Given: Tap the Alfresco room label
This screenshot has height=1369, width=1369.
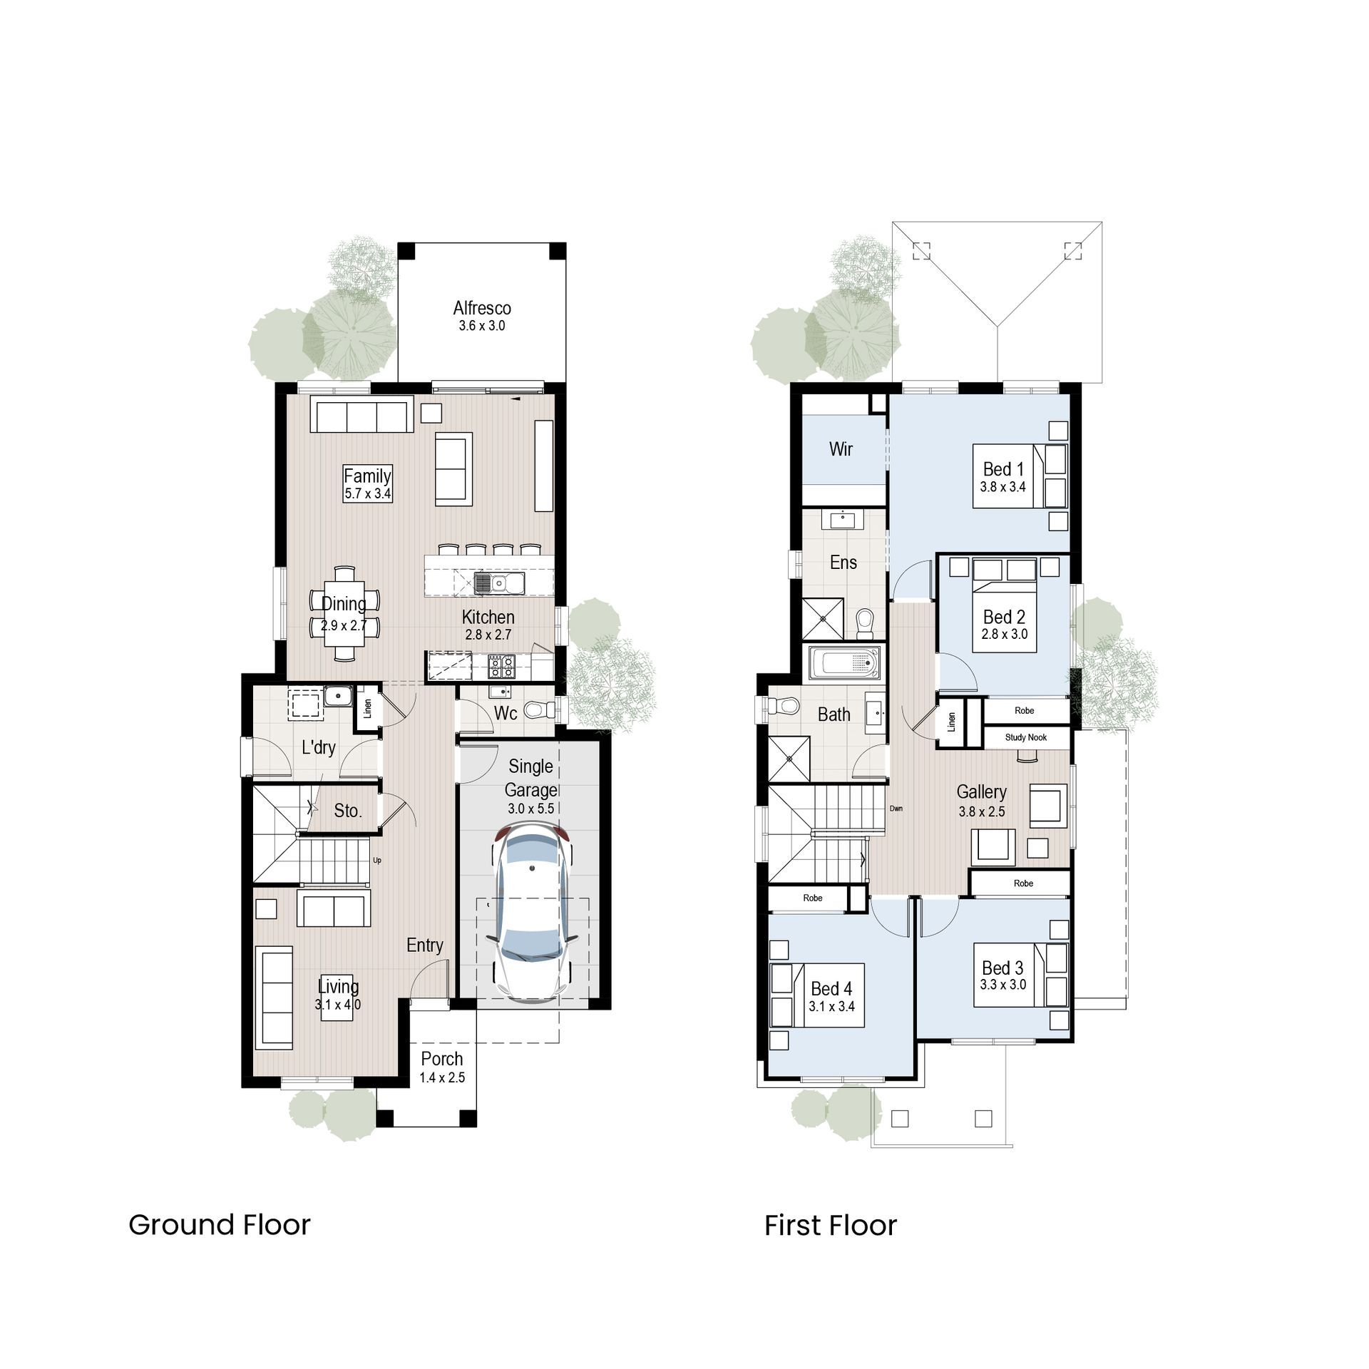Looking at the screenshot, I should click(482, 308).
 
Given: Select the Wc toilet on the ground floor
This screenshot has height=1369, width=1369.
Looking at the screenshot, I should click(540, 709).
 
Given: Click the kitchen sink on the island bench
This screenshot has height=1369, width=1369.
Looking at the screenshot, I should click(499, 583).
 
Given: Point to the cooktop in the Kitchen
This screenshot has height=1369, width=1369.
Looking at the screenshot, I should click(501, 667).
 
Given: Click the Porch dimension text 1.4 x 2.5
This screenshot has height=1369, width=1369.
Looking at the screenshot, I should click(442, 1077).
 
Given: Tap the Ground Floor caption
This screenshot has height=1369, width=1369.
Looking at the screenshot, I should click(220, 1225).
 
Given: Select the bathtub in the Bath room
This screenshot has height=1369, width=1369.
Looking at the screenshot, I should click(844, 663).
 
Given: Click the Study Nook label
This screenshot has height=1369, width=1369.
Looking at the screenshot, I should click(1025, 737).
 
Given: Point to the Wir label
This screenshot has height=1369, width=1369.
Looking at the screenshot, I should click(841, 449).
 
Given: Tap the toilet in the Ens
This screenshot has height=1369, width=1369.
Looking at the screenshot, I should click(865, 624).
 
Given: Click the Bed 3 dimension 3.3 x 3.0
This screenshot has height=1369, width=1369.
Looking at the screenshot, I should click(1003, 985).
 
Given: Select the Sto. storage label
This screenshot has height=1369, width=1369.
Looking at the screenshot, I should click(348, 811).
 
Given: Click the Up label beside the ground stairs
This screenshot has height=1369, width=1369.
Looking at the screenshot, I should click(377, 860).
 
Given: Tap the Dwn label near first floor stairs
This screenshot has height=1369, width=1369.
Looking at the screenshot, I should click(896, 809).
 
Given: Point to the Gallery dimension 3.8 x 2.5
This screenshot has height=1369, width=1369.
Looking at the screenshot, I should click(982, 811).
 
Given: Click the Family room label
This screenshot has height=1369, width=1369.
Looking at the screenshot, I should click(367, 476).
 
